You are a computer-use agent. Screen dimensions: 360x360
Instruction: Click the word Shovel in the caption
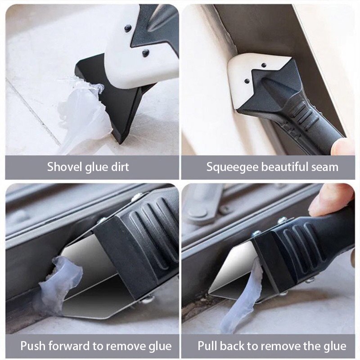point(63,167)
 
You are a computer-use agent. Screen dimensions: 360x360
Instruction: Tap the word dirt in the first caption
point(118,167)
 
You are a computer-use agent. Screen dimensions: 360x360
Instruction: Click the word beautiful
point(282,167)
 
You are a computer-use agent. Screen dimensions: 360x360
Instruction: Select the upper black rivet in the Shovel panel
point(128,28)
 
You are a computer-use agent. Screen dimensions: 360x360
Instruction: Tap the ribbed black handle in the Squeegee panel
point(306,117)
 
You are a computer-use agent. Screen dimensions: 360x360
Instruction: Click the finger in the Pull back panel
point(331,198)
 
